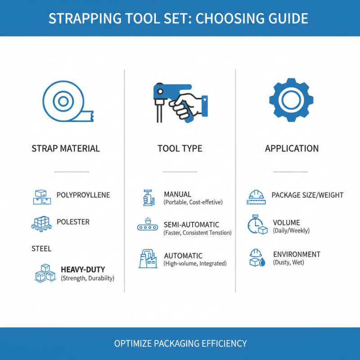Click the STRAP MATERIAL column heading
point(66,148)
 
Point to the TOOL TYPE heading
point(180,148)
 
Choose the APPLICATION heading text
point(292,148)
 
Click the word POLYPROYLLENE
point(83,195)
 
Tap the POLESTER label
point(73,222)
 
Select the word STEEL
point(41,248)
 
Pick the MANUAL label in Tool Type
point(177,194)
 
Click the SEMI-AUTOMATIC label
point(191,225)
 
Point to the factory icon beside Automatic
point(148,259)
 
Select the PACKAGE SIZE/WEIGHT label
point(307,195)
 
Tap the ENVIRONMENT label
point(297,254)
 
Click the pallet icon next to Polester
point(41,223)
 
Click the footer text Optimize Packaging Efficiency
point(180,343)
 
